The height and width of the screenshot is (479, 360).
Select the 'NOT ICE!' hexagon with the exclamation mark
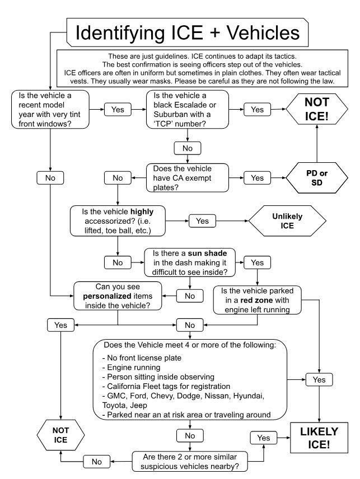tap(316, 109)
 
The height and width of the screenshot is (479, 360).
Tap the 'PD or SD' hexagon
tap(316, 178)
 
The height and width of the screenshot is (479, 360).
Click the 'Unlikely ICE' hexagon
tap(287, 220)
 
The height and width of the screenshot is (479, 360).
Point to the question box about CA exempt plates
tap(187, 178)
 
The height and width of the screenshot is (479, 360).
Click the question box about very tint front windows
tap(50, 109)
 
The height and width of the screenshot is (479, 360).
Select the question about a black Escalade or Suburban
tap(188, 109)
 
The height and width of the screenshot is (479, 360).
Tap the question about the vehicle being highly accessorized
tap(119, 220)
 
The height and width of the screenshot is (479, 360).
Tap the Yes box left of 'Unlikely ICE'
tap(202, 221)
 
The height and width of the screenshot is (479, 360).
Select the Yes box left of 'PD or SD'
tap(257, 178)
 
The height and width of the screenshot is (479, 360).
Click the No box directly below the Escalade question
tap(188, 148)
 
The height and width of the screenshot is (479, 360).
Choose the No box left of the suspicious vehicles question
tap(96, 462)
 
